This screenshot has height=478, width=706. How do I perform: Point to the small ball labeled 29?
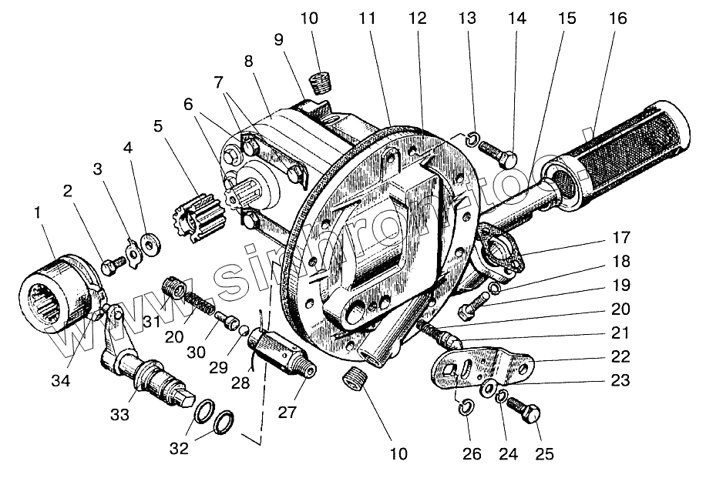243,331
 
